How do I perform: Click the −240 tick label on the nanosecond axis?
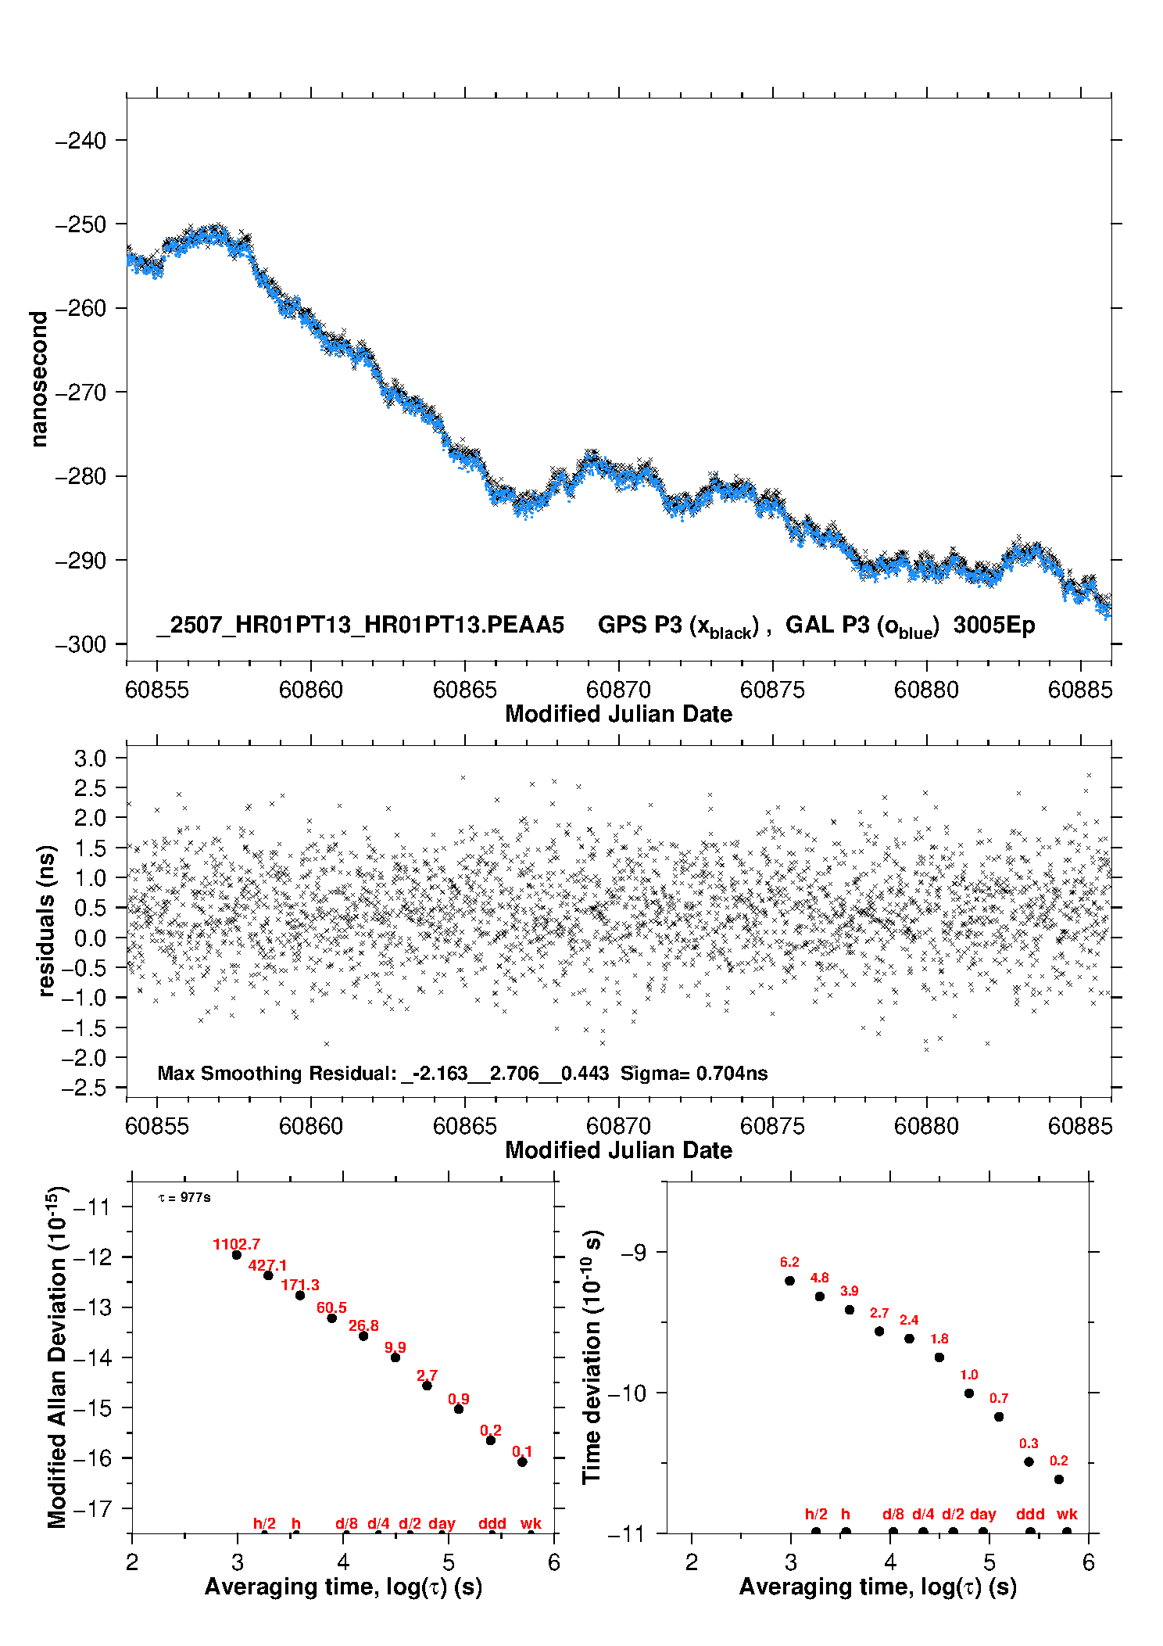[x=81, y=141]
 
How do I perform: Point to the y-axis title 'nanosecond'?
[x=38, y=379]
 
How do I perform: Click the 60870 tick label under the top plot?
[x=618, y=690]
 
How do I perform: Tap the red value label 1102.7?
[x=236, y=1244]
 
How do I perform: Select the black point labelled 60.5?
[x=331, y=1318]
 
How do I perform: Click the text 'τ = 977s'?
[x=184, y=1198]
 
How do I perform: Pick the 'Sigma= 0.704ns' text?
[x=694, y=1074]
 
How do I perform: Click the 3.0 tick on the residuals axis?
[x=90, y=758]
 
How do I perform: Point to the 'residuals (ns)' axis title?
[x=47, y=921]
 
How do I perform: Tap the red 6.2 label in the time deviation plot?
[x=789, y=1262]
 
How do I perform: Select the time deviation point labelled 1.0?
[x=969, y=1393]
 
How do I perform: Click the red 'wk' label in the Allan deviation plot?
[x=531, y=1523]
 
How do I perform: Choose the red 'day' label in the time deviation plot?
[x=983, y=1515]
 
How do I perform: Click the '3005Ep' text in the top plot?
[x=994, y=626]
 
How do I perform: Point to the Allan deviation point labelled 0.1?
[x=522, y=1462]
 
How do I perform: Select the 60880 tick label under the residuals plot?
[x=926, y=1126]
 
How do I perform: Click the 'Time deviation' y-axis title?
[x=593, y=1357]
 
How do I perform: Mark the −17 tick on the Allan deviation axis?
[x=92, y=1508]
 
